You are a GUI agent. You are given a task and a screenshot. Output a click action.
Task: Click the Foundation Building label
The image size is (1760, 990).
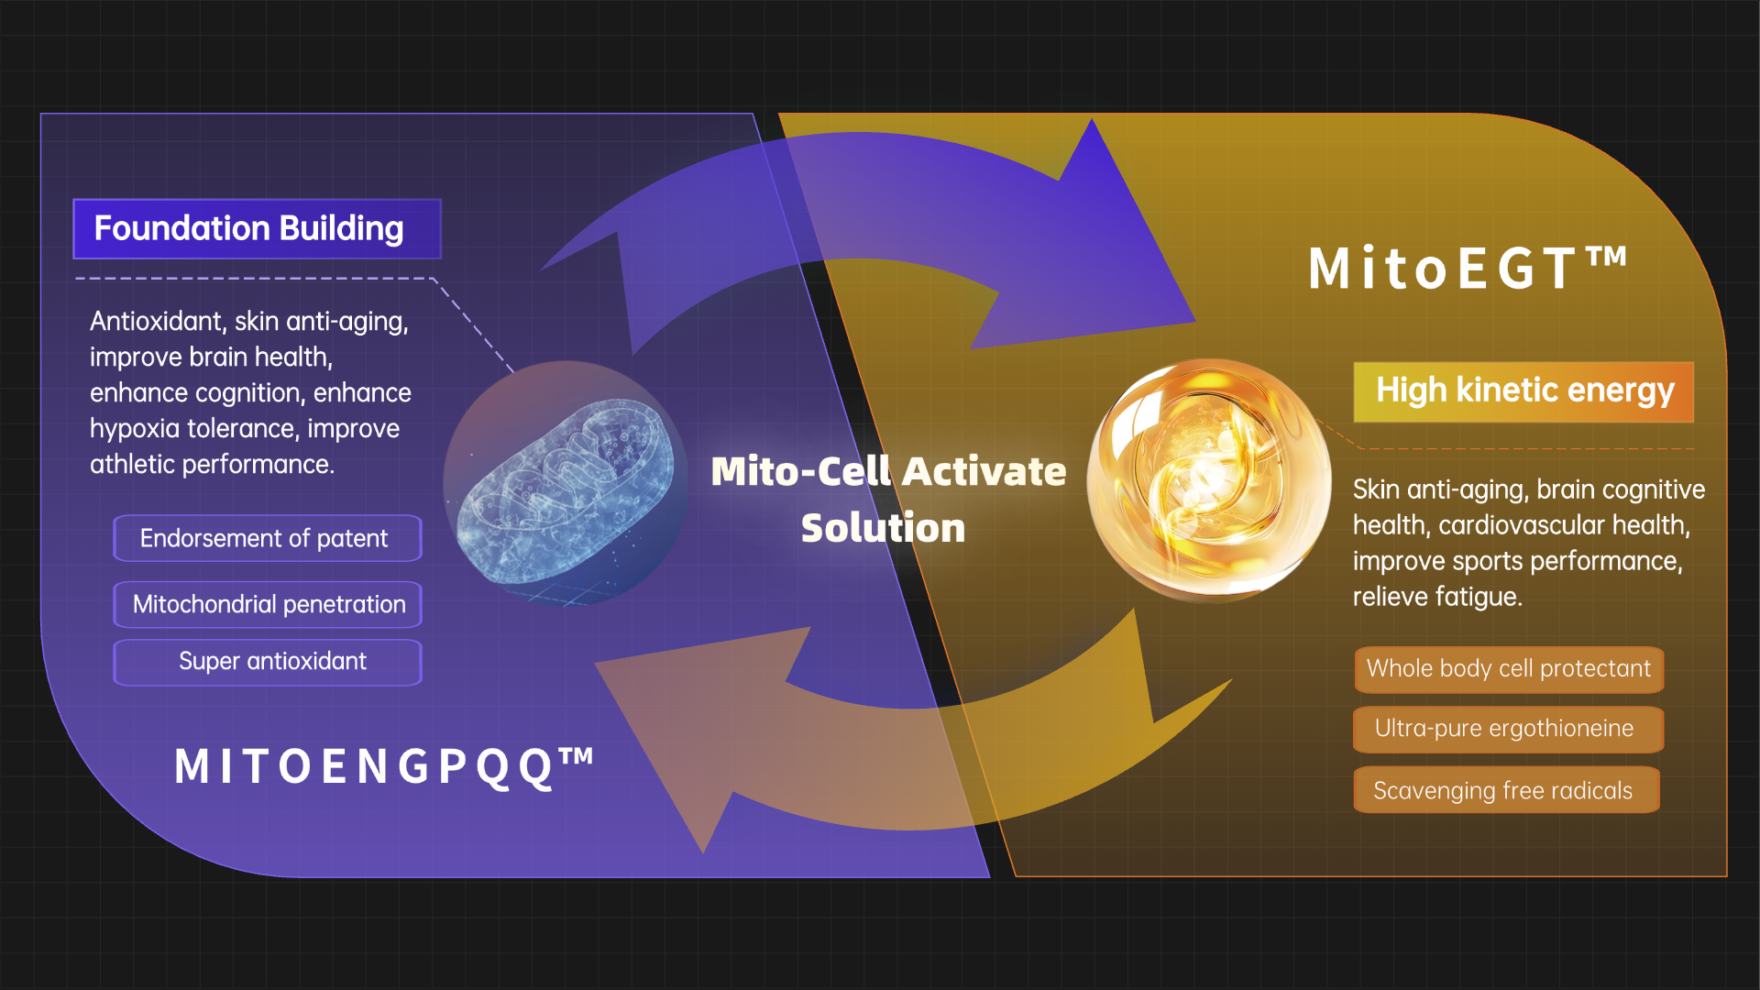(257, 229)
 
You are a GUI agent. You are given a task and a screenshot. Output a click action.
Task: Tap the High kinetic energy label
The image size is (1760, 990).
(1523, 391)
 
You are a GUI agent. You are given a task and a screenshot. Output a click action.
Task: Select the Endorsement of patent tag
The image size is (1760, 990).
(268, 538)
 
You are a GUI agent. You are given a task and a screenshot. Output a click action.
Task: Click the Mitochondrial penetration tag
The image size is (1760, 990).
(268, 604)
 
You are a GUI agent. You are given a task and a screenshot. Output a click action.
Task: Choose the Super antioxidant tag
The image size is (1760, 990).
(268, 662)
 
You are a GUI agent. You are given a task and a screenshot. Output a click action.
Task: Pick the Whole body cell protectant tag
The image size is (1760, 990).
(1509, 669)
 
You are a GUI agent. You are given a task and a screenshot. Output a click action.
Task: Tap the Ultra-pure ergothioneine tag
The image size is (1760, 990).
(1509, 729)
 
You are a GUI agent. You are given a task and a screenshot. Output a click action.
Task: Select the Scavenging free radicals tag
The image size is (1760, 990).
(1507, 790)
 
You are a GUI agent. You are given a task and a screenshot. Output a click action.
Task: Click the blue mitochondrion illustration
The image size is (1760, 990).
(566, 483)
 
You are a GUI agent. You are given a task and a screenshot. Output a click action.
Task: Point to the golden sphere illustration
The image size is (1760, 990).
(1208, 479)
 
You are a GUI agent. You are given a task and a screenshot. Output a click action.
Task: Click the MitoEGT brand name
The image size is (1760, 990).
(1468, 269)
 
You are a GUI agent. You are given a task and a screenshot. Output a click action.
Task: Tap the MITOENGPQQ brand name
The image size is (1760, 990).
(384, 766)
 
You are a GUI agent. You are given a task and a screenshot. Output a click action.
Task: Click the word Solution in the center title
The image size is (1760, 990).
(883, 528)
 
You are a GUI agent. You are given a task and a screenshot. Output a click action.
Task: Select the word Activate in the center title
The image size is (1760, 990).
(984, 471)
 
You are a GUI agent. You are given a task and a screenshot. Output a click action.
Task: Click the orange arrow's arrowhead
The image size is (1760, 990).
(701, 733)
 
